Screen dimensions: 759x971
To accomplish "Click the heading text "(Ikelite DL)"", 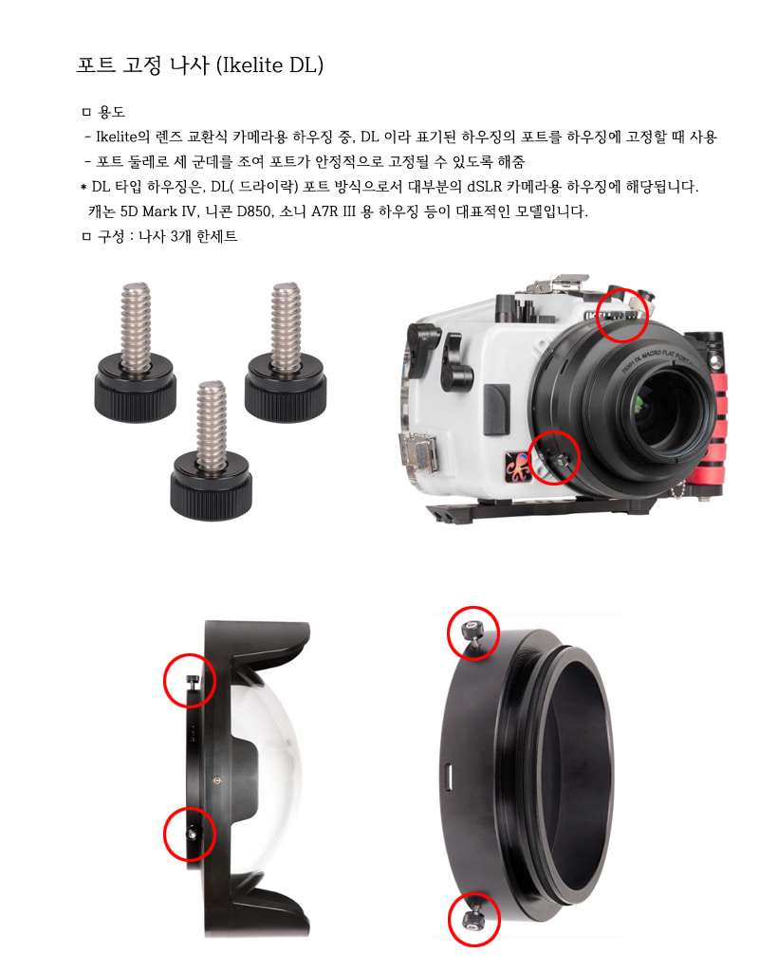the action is [x=269, y=65].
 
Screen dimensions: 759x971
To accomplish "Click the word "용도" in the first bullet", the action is [x=112, y=112].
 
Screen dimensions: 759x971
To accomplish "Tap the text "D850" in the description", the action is [x=254, y=211].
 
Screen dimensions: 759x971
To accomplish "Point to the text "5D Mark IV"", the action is [x=158, y=211].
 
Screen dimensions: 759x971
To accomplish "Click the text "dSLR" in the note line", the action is [x=484, y=187].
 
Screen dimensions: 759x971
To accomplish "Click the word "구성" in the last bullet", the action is [x=112, y=236].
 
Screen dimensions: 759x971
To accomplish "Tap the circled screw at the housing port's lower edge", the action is [x=555, y=459].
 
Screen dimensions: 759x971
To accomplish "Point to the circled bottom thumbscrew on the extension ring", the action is [x=472, y=918].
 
